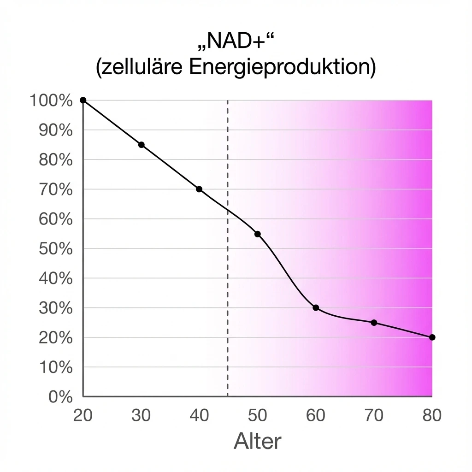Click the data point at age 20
[83, 100]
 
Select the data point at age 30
[142, 145]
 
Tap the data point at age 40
[199, 189]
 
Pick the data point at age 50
[258, 234]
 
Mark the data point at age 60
[316, 308]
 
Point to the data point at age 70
[374, 323]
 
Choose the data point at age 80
[432, 337]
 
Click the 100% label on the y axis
[51, 100]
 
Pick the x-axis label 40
[199, 415]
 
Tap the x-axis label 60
[316, 415]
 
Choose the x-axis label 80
[432, 415]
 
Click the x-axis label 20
[83, 415]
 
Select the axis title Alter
[257, 442]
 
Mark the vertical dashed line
[228, 277]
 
